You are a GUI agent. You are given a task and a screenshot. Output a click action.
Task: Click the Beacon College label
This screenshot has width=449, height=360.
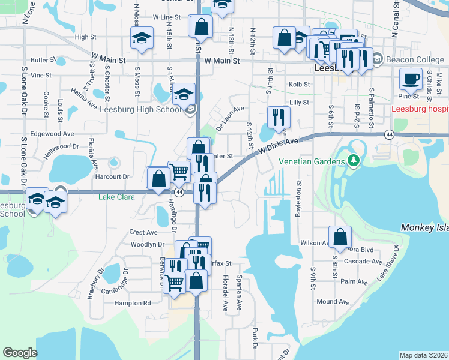tap(415, 59)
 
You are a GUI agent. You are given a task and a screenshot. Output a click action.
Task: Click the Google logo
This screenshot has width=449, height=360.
tap(20, 353)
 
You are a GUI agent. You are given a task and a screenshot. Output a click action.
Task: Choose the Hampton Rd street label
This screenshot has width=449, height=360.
tap(133, 304)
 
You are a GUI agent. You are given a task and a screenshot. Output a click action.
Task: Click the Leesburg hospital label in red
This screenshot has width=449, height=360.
tap(420, 109)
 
